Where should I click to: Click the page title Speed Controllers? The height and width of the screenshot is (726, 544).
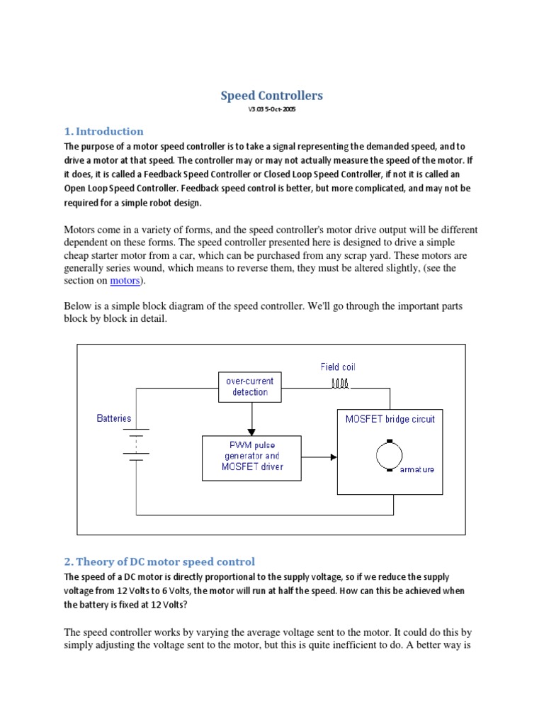point(272,95)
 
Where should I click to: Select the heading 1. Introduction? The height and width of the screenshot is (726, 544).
point(103,131)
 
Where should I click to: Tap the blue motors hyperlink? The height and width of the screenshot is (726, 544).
point(125,281)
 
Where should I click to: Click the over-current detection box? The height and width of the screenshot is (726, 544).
point(249,386)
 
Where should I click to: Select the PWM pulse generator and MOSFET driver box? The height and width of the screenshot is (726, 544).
point(251,457)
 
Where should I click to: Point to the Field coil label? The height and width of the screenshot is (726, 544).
point(338,367)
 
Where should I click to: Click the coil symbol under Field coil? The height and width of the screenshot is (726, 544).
point(340,384)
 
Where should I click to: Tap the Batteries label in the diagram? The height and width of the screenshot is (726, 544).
point(114,418)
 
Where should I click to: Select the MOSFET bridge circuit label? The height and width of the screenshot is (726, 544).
point(390,419)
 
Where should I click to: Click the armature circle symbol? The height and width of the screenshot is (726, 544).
point(389,454)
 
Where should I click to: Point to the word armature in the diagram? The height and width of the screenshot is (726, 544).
point(417,469)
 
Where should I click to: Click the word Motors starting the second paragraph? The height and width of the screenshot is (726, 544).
point(82,230)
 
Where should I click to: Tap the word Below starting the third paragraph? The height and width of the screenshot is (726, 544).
point(79,306)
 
